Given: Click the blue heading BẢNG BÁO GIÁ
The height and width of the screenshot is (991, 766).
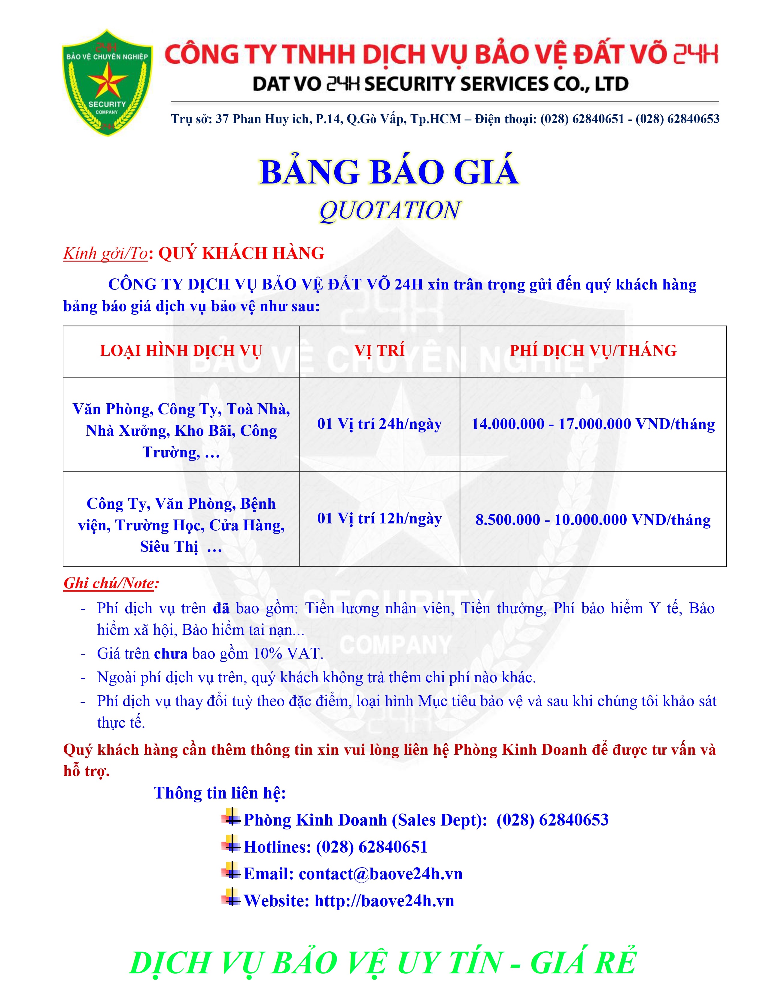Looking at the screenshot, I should click(x=389, y=172).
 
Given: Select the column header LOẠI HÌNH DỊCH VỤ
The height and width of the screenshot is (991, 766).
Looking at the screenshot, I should click(x=181, y=351).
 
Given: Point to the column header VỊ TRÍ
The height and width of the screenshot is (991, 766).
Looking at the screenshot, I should click(x=379, y=351).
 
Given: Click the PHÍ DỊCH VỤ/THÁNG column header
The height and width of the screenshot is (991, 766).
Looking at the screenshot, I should click(x=593, y=351).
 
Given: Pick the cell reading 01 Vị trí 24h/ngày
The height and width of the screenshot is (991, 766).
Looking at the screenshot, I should click(x=379, y=424).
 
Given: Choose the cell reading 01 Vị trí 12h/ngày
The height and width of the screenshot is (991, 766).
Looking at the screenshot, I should click(x=379, y=518).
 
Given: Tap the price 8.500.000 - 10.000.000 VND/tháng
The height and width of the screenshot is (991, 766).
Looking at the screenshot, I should click(x=593, y=520).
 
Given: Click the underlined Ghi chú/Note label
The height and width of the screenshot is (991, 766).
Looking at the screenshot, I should click(x=111, y=583).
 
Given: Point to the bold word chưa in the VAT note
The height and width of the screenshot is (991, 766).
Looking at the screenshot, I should click(x=171, y=653).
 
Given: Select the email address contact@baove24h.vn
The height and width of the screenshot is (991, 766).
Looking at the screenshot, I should click(x=380, y=874).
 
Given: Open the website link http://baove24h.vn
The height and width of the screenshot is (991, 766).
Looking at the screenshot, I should click(x=384, y=900).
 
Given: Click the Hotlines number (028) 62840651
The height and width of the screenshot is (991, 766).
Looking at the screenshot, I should click(x=372, y=847).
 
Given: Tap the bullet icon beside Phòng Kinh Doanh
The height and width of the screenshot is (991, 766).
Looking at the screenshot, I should click(x=231, y=819).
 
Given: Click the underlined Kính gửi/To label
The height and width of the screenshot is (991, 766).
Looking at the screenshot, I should click(x=105, y=253).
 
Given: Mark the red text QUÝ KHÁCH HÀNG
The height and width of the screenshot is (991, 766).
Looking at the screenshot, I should click(x=242, y=253).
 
